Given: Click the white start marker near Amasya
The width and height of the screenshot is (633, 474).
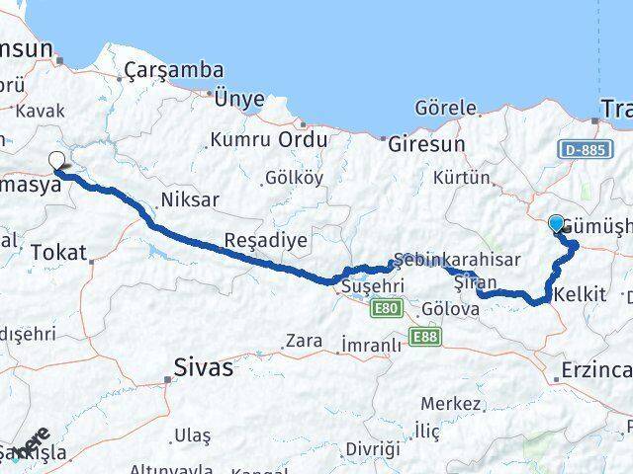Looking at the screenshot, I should [56, 160].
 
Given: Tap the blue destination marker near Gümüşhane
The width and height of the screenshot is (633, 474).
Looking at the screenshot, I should [556, 224].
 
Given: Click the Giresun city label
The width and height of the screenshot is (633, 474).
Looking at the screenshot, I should [427, 142].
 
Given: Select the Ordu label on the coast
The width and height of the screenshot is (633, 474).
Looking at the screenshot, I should [303, 140].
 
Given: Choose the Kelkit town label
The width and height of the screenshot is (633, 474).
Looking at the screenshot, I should [581, 294].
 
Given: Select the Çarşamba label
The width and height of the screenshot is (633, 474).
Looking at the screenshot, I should [174, 71].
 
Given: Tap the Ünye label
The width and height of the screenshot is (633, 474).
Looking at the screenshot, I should [239, 98].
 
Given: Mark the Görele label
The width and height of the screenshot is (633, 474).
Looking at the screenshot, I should [447, 108].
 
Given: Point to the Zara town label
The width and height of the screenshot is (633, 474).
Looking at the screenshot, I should [303, 342].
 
